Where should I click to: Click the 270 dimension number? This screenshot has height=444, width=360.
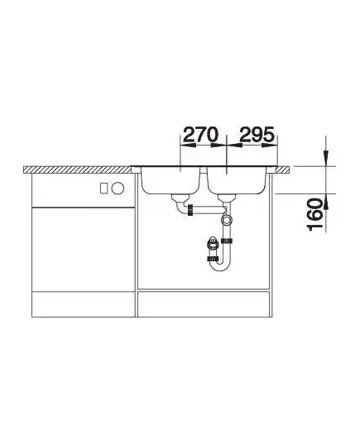point(201,134)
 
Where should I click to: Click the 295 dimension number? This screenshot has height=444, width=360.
point(257,134)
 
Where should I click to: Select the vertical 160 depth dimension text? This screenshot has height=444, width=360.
point(315,214)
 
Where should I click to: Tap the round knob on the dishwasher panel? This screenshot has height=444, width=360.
point(118,188)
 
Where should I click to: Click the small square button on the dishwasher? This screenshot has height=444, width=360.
point(104,188)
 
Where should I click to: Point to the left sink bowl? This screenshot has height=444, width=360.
point(170,180)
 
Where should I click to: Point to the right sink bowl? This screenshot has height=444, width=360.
point(237,180)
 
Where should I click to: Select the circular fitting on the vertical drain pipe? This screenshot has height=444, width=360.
point(227,219)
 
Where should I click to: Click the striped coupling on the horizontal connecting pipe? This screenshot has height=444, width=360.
point(190,209)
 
